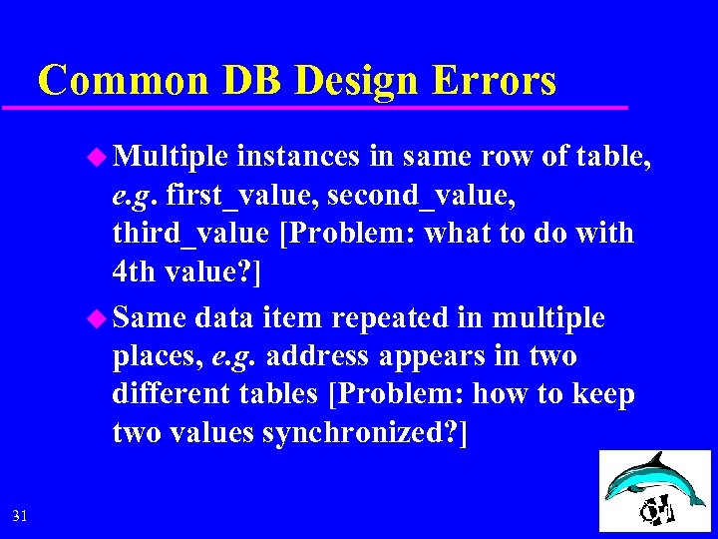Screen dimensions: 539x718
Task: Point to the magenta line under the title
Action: pyautogui.click(x=329, y=106)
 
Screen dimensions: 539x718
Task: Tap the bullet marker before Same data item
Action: pyautogui.click(x=96, y=318)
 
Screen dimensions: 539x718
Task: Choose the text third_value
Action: pyautogui.click(x=190, y=233)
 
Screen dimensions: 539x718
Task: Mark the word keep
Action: pyautogui.click(x=604, y=394)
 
